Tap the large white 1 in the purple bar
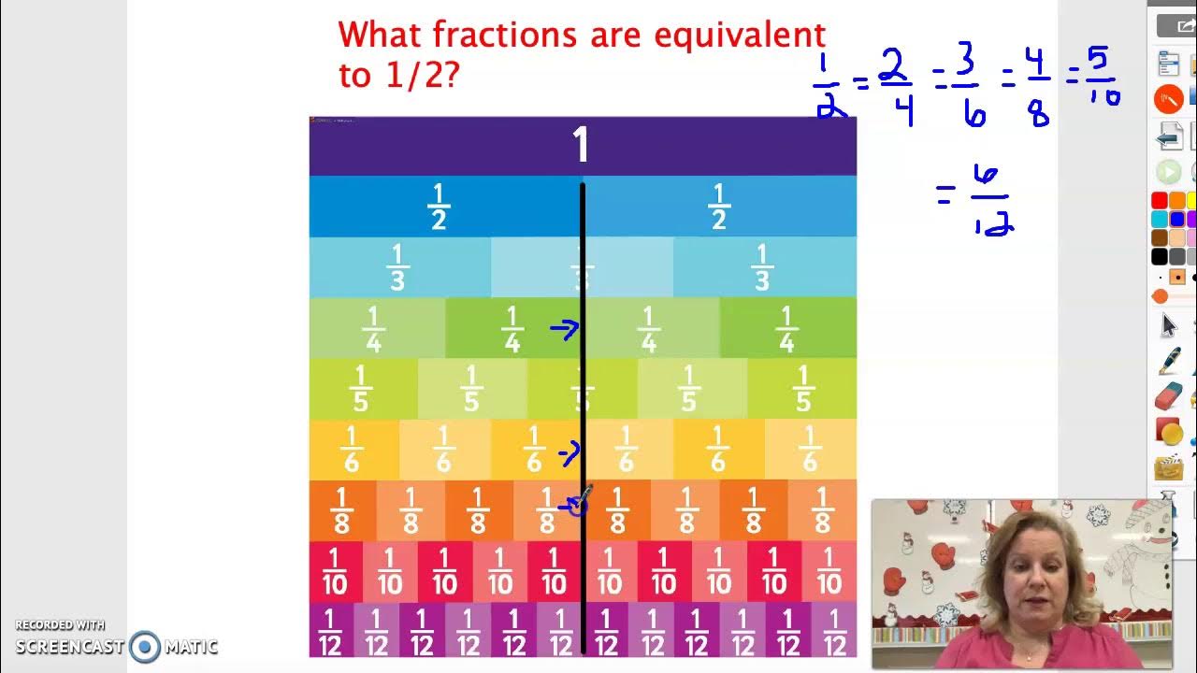click(581, 146)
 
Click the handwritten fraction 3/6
click(968, 86)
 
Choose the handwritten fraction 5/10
click(1101, 78)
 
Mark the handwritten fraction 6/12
click(990, 200)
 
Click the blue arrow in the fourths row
click(564, 328)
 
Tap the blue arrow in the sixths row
click(568, 453)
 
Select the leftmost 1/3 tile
click(398, 267)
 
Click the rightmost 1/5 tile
click(802, 389)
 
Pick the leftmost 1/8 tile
click(342, 510)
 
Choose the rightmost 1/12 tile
click(834, 632)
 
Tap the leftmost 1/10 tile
click(335, 572)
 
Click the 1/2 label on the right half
click(718, 207)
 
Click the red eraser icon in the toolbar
click(1168, 397)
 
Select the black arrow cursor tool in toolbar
click(1168, 325)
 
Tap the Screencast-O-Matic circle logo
click(145, 646)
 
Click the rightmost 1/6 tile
click(810, 450)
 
